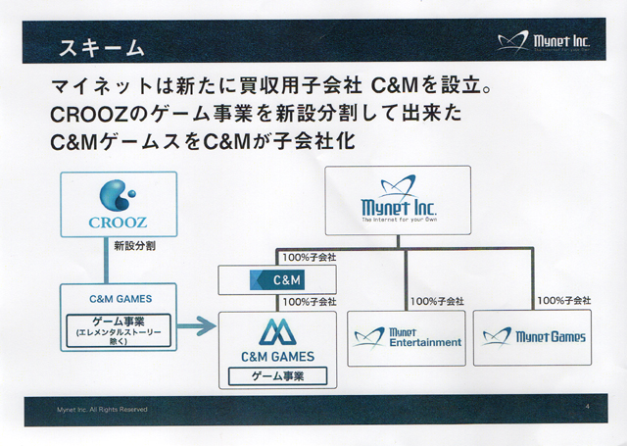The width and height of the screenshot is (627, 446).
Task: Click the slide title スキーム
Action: click(102, 48)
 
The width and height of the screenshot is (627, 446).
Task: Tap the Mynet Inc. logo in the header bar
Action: click(544, 41)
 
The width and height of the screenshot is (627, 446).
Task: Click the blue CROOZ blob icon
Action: click(118, 195)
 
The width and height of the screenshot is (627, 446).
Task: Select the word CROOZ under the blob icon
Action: click(118, 223)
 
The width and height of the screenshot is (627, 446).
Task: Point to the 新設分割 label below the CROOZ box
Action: click(134, 246)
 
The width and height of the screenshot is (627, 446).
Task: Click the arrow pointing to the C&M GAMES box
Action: click(196, 326)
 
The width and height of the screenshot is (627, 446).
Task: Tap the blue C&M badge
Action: click(277, 279)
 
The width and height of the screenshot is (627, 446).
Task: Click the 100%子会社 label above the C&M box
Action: click(310, 258)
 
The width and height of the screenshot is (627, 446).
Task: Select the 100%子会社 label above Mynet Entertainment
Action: click(437, 301)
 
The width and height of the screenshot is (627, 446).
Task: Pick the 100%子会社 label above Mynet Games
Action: click(564, 300)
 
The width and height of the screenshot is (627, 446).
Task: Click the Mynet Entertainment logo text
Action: click(425, 338)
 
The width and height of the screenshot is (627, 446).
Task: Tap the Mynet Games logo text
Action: click(551, 337)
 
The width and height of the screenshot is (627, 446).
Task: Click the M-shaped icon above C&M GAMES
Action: click(277, 332)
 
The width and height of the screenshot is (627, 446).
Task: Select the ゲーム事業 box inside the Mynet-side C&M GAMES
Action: click(277, 376)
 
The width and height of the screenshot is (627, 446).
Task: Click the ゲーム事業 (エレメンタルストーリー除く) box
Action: click(119, 330)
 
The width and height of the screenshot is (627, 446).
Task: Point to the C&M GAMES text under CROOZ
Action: click(121, 299)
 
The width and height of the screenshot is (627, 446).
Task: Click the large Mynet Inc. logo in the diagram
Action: click(399, 199)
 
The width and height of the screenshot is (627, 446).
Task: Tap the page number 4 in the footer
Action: click(588, 407)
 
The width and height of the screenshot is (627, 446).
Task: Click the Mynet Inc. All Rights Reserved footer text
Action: click(102, 410)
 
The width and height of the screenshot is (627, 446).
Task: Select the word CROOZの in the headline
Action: click(99, 114)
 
